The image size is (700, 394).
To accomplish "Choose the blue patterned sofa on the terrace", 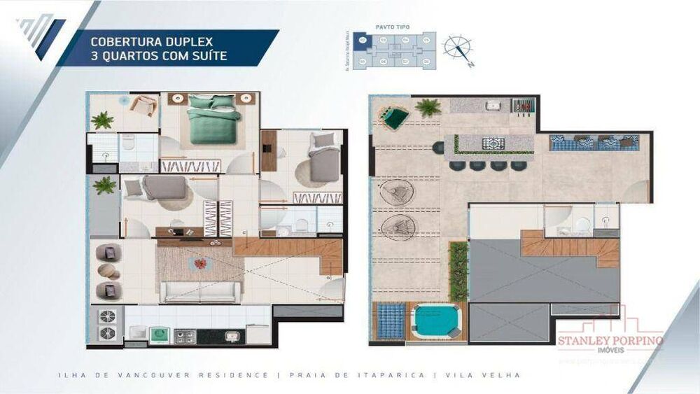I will coord(594,143).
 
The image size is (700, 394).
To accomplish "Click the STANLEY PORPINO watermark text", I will coord(610,341).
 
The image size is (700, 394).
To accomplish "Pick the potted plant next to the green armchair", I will coord(427,108).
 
